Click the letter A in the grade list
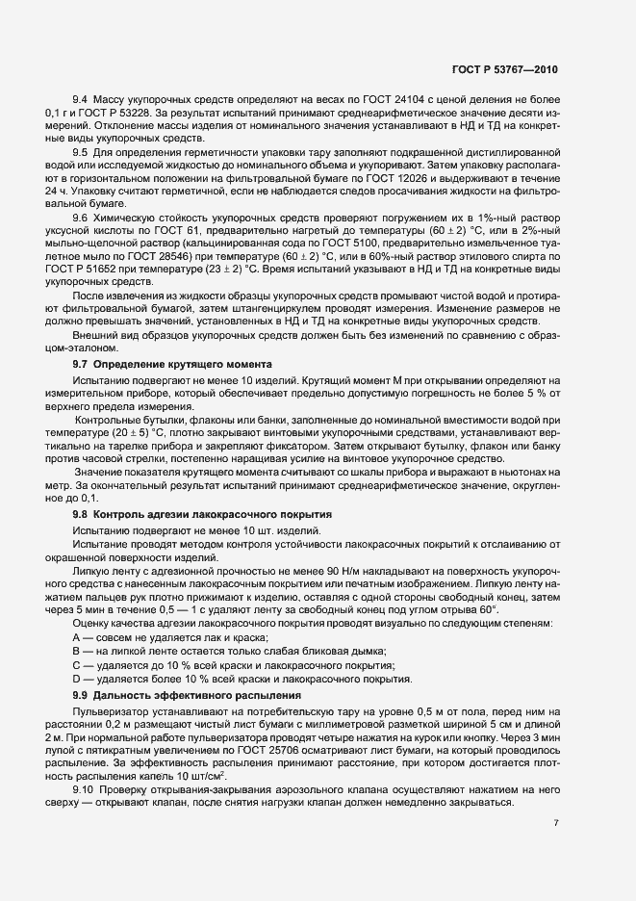[x=76, y=639]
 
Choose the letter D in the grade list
[x=76, y=679]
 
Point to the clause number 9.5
[x=81, y=151]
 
